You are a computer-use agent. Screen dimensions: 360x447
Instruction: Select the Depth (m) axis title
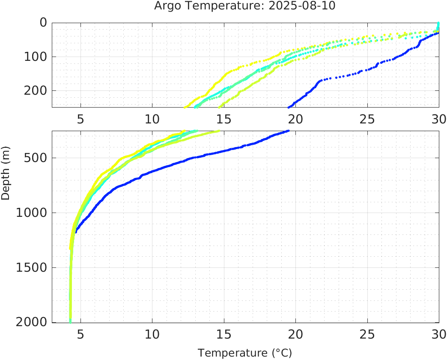click(x=6, y=172)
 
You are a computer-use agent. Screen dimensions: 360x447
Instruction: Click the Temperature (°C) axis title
click(x=245, y=353)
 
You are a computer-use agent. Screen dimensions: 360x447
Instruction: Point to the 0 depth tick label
click(x=43, y=22)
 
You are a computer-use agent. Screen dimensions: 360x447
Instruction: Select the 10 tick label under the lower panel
click(x=152, y=334)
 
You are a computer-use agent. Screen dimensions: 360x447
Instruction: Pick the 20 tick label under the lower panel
click(x=295, y=334)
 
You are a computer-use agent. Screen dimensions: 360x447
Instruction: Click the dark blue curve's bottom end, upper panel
click(x=289, y=107)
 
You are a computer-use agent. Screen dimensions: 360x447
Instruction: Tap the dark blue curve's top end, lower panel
click(x=288, y=131)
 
